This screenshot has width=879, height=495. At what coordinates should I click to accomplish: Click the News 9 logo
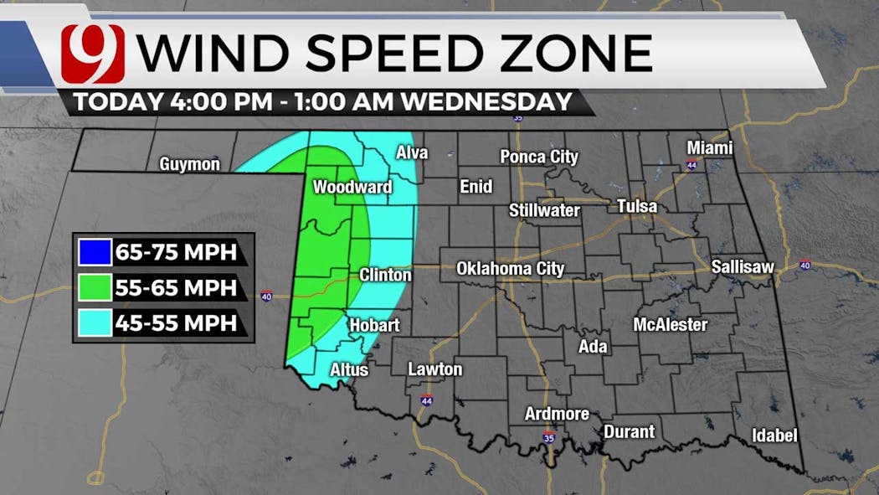93,54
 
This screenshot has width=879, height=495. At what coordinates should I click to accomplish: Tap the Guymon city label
190,164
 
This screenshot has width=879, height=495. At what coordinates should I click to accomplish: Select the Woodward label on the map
352,186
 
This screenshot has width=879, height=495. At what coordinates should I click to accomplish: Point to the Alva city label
412,152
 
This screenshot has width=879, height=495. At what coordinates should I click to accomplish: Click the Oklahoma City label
510,269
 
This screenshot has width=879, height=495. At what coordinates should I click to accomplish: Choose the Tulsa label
637,206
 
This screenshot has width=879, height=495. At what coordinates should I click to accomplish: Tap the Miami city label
709,148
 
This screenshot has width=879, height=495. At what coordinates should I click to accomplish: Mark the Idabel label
774,436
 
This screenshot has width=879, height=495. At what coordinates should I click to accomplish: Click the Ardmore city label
557,414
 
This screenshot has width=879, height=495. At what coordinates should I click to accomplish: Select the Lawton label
434,369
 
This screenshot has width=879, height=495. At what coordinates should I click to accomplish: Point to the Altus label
349,369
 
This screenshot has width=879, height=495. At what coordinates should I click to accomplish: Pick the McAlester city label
671,324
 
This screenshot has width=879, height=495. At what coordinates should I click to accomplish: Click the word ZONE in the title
578,54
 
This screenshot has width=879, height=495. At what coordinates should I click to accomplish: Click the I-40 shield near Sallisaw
805,266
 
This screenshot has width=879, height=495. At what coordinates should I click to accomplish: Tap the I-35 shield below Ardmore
548,437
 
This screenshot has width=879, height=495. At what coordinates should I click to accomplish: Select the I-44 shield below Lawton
427,400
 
